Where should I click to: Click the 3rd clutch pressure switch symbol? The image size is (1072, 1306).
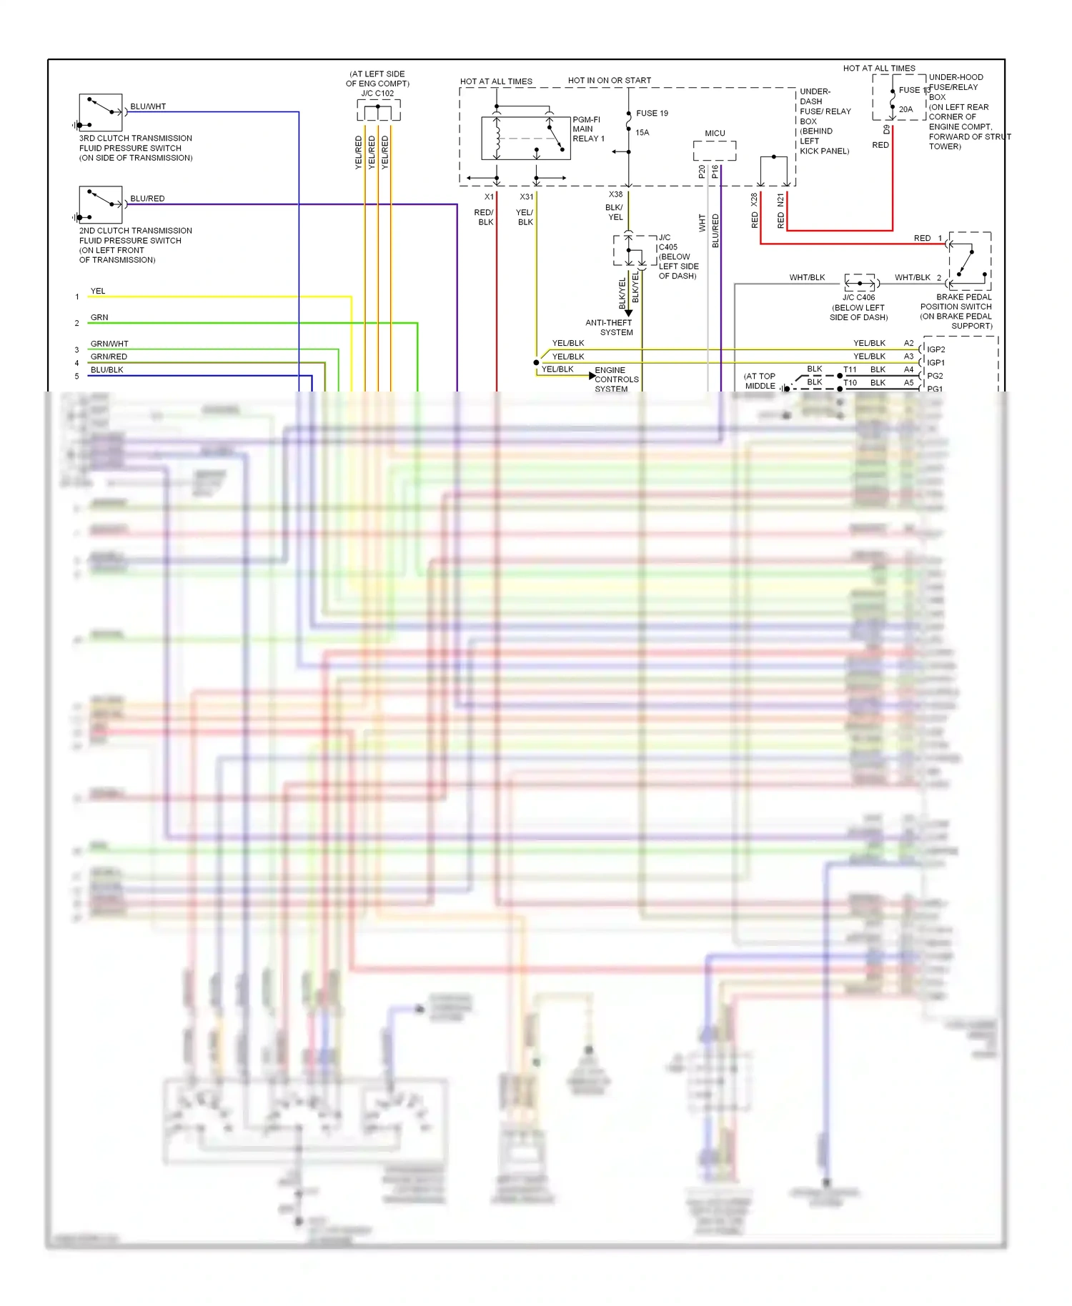click(x=101, y=112)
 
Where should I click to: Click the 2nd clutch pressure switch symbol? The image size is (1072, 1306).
click(x=101, y=204)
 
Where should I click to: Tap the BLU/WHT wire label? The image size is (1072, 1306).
click(x=148, y=106)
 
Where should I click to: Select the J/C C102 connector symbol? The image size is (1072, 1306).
click(x=378, y=111)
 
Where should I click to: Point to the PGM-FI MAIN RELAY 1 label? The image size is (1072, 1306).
click(x=588, y=129)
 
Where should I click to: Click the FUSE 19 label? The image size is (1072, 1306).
click(x=652, y=113)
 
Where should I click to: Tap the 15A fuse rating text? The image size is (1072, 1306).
click(x=642, y=132)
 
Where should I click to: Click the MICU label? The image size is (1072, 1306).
click(x=715, y=133)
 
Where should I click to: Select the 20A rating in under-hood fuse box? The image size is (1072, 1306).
click(x=905, y=109)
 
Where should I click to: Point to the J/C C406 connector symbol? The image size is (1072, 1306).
click(x=860, y=283)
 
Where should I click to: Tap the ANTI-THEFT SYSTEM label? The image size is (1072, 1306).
click(x=609, y=327)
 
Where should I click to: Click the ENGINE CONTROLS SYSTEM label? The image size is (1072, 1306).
click(x=616, y=379)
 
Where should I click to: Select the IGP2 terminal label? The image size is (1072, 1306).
click(x=935, y=349)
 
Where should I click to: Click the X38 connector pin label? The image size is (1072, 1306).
click(x=615, y=194)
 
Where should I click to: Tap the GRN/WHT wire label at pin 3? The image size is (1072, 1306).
click(x=109, y=344)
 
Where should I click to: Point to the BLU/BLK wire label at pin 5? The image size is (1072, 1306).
click(x=106, y=370)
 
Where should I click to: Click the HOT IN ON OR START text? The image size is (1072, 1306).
click(x=610, y=81)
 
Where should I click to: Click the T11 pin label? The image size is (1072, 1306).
click(x=850, y=369)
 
